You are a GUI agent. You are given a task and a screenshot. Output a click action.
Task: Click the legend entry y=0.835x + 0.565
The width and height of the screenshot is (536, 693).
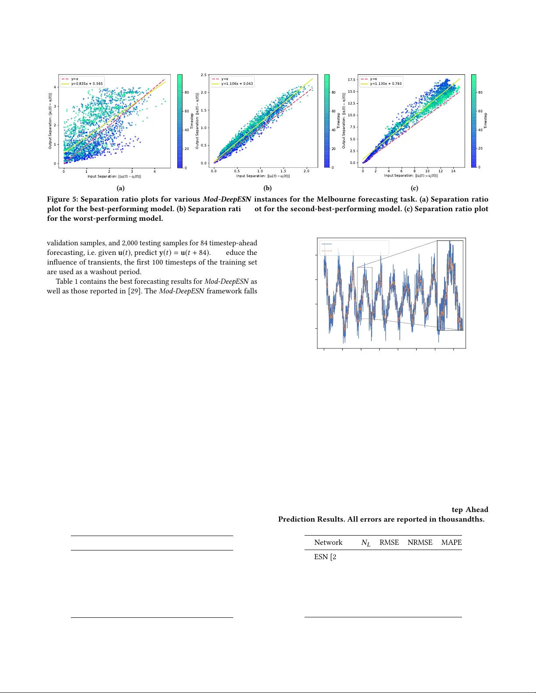(87, 84)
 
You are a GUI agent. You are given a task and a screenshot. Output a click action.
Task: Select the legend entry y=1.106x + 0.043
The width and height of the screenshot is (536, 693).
(237, 84)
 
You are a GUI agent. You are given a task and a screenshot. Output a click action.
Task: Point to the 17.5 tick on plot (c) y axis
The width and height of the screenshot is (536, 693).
(351, 80)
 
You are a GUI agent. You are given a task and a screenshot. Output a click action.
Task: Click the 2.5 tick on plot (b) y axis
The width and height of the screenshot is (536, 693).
(203, 75)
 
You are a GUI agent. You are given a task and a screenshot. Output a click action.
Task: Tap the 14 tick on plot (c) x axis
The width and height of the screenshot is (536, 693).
(453, 171)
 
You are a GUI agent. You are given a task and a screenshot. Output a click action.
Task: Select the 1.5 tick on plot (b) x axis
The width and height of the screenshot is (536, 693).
(283, 171)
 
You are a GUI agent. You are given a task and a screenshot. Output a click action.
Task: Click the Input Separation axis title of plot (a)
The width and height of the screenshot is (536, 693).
(114, 177)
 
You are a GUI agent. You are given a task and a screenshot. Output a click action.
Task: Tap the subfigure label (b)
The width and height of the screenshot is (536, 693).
(267, 188)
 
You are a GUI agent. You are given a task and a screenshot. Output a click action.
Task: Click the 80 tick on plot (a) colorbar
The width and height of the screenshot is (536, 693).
(187, 93)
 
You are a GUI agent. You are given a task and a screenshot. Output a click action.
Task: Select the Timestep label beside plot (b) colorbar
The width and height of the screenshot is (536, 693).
(338, 121)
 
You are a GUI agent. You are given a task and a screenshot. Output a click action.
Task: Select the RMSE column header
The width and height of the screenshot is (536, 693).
(389, 543)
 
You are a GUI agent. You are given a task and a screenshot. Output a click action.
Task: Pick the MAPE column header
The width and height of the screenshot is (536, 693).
(451, 543)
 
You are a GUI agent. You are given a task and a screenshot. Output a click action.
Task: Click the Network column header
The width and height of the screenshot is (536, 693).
(328, 543)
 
